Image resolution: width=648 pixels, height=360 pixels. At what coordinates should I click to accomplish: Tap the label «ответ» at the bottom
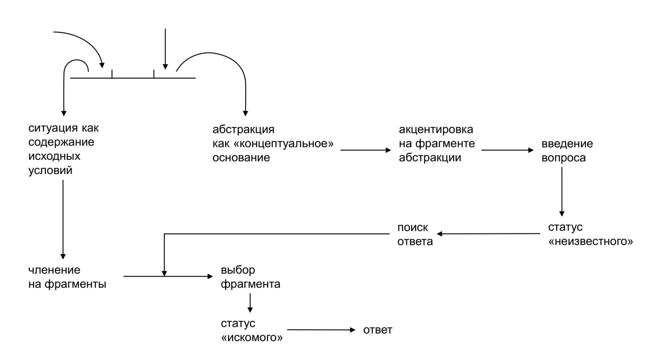(377, 330)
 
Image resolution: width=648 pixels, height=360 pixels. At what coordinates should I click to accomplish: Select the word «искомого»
(252, 338)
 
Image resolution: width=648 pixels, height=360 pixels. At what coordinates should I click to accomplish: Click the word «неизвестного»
(590, 241)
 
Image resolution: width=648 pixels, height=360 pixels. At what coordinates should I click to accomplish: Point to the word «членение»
(54, 270)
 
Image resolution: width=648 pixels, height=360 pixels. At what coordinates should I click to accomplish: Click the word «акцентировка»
(436, 130)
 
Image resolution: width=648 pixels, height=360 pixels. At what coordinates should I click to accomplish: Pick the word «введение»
(567, 144)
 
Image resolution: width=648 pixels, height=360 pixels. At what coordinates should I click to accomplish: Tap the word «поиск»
(413, 228)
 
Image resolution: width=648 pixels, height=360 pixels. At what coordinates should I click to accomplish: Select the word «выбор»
(238, 270)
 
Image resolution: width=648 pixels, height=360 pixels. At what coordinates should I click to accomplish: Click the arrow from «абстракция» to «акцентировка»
(365, 150)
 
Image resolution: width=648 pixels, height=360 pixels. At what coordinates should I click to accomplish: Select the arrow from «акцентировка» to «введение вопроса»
(507, 150)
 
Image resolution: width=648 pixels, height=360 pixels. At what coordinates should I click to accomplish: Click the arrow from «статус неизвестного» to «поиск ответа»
(489, 234)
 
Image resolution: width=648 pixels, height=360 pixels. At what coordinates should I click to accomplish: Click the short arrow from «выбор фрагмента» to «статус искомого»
(250, 303)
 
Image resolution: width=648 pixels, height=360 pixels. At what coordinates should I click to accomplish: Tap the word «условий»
(50, 170)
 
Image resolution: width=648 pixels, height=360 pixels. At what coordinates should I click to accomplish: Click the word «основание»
(241, 158)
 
